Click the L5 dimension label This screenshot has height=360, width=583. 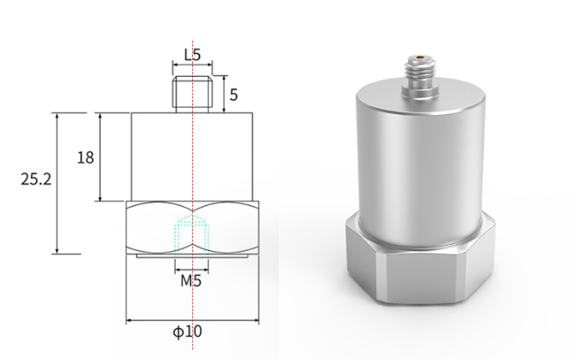coord(193,55)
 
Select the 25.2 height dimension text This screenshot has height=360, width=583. coord(36,179)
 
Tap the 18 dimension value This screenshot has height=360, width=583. coord(85,158)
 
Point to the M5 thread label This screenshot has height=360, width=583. coord(191,281)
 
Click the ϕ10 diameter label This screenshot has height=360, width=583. coord(188,331)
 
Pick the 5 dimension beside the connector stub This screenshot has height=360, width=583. coord(234,95)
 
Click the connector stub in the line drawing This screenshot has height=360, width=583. coord(192,94)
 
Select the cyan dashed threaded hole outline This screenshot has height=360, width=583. coord(192,236)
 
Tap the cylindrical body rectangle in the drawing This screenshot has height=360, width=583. coord(192,157)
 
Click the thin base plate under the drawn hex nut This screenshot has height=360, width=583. coord(192,256)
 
